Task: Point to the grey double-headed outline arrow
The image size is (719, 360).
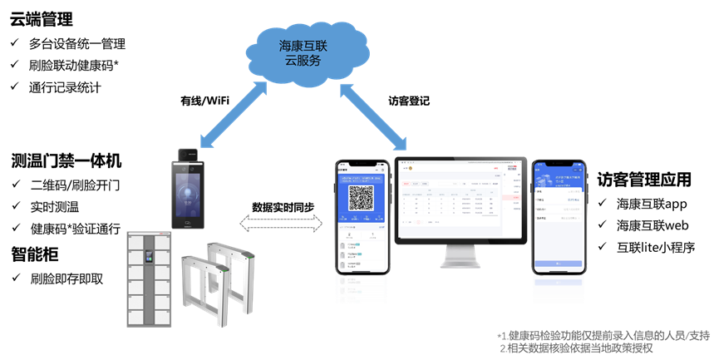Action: coord(280,222)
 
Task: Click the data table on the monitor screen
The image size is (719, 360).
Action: coord(450,205)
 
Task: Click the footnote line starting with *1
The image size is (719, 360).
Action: coord(603,336)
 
